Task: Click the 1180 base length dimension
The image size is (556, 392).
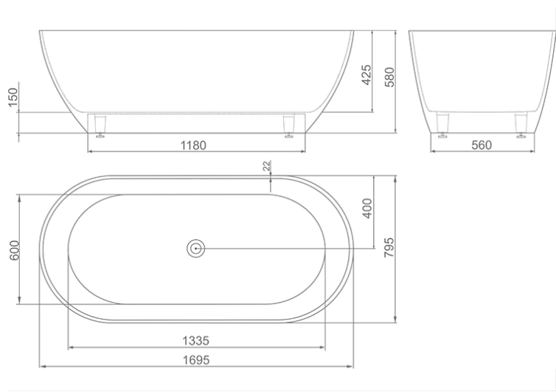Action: [x=193, y=145]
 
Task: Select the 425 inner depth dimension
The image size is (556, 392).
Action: [x=366, y=75]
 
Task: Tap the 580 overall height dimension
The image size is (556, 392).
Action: [x=389, y=77]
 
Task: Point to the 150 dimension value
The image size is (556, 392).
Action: [x=13, y=97]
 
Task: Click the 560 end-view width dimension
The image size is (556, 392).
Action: [x=482, y=145]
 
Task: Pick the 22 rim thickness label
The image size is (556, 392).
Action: [x=267, y=165]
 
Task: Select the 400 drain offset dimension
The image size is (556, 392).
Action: [x=367, y=208]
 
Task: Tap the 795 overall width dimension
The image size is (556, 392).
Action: [x=389, y=247]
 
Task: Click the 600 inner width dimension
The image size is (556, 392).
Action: [x=14, y=250]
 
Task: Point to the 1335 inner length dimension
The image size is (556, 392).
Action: [x=195, y=341]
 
